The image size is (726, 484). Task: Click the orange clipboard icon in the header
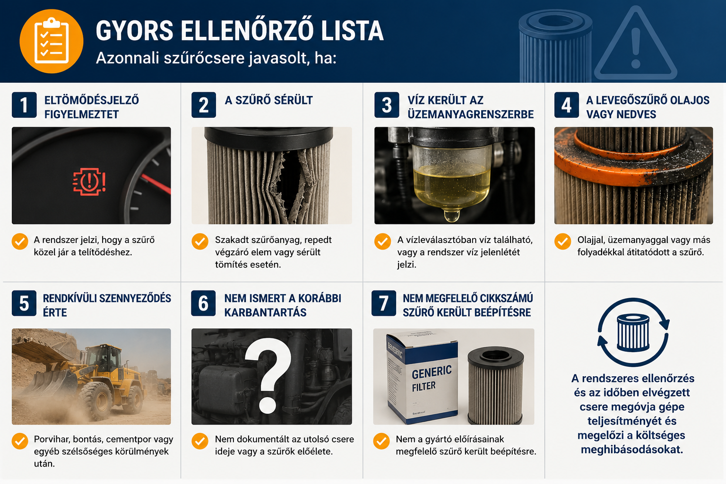(x=51, y=41)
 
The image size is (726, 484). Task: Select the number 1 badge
(x=24, y=105)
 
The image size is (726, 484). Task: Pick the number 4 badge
(x=566, y=105)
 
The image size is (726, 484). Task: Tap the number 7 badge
(x=384, y=303)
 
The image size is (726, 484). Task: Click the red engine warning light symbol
(x=89, y=181)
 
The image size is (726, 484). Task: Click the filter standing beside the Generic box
(x=495, y=385)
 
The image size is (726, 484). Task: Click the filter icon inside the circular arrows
(x=633, y=333)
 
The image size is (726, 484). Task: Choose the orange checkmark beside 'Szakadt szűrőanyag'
(x=200, y=242)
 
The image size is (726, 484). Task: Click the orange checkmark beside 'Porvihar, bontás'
(x=20, y=441)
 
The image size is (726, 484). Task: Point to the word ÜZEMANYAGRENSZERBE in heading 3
(x=471, y=114)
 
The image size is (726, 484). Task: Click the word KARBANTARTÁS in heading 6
(x=265, y=312)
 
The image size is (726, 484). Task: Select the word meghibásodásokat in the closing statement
(x=632, y=449)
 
